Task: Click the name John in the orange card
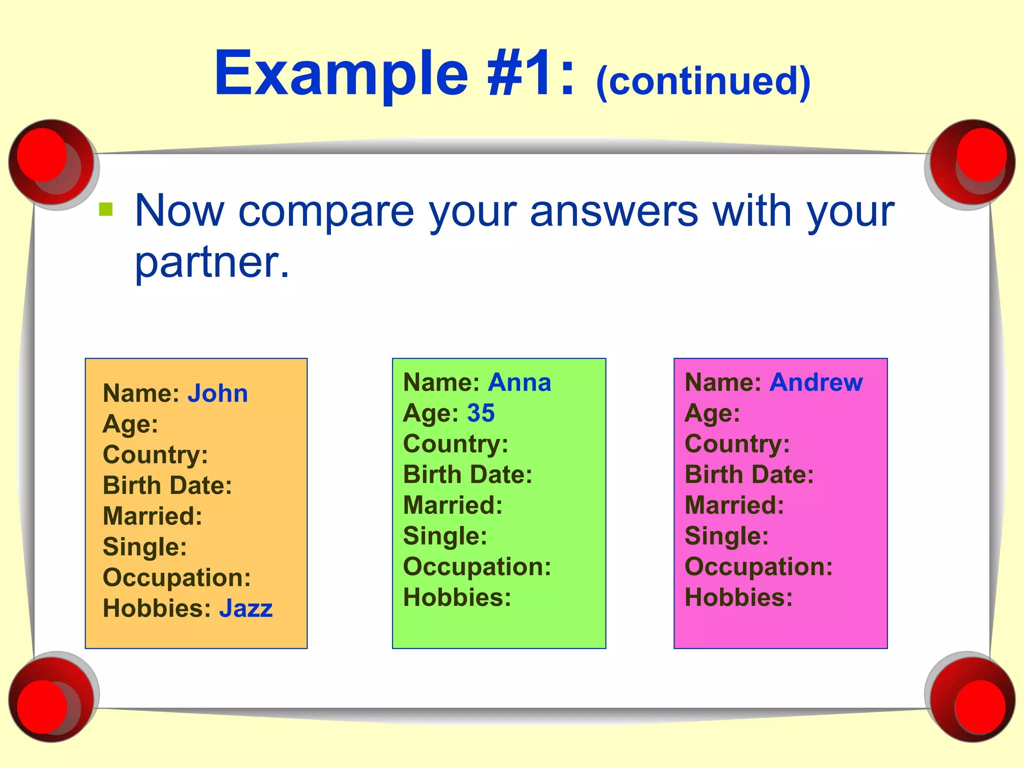coord(217,393)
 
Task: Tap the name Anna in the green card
coord(519,383)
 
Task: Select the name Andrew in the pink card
coord(816,383)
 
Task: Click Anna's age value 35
coord(480,413)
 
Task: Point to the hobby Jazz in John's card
coord(245,608)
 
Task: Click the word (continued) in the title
coord(703,81)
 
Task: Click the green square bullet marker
coord(106,209)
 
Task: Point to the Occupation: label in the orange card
coord(176,577)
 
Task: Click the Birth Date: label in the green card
coord(467,474)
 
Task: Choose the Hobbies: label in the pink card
coord(738,597)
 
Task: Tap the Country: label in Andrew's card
coord(737,444)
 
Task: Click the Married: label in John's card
coord(152,516)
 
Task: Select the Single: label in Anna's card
coord(445,536)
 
